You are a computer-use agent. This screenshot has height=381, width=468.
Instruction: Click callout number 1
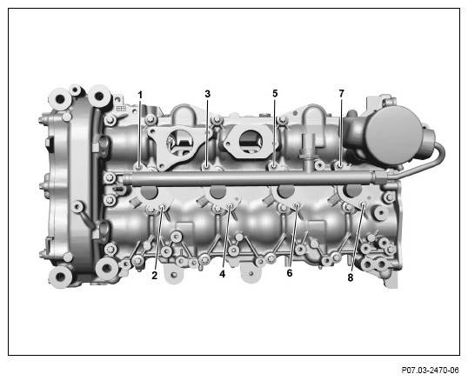coord(140,95)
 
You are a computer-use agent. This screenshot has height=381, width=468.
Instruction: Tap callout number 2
coord(154,276)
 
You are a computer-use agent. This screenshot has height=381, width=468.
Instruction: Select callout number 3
coord(207,94)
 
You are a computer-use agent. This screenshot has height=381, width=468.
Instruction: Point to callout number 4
coord(222,274)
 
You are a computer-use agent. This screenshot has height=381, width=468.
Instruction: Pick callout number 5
coord(275,93)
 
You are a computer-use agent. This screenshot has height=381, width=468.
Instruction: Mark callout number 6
coord(290,272)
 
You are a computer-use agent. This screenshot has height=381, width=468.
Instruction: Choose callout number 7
coord(342,93)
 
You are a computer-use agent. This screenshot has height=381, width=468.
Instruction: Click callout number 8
coord(351,277)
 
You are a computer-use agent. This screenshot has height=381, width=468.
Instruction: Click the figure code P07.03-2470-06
coord(430,371)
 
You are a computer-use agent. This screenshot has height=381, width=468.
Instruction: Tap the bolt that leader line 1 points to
coord(138,166)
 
